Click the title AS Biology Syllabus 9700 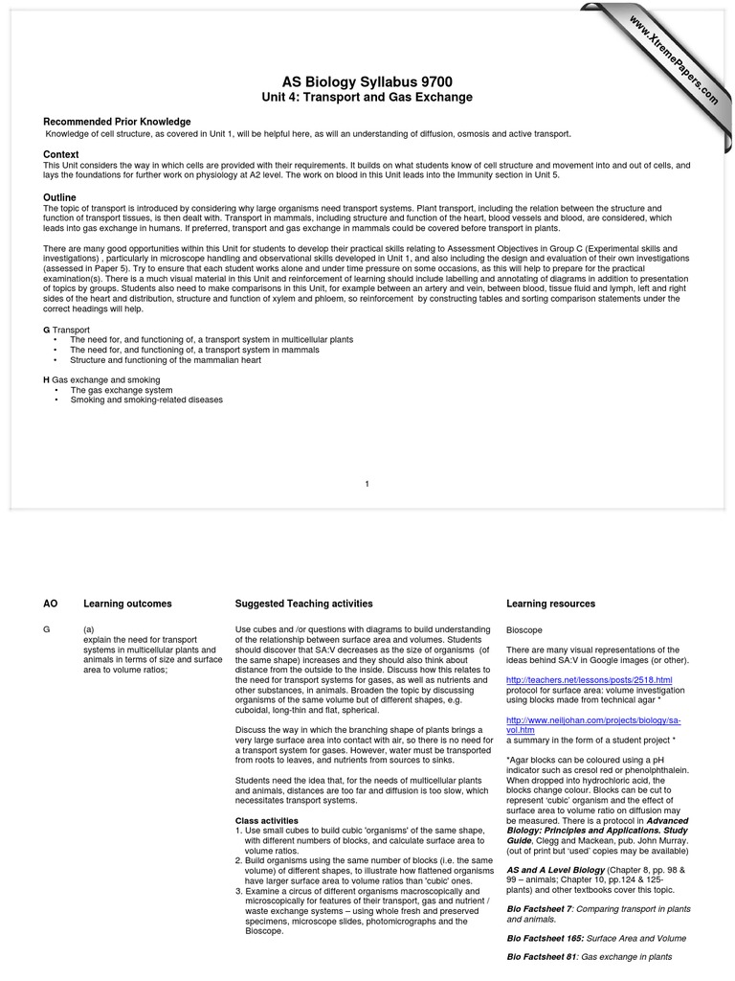(367, 82)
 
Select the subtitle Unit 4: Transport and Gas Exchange (367, 98)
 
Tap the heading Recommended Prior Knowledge (117, 122)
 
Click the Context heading (61, 154)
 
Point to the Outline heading (60, 197)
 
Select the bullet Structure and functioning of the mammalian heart (165, 360)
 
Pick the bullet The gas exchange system (122, 391)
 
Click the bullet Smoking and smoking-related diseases (146, 399)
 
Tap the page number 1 (367, 483)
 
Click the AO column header (51, 605)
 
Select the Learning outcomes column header (127, 605)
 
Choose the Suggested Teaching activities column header (303, 605)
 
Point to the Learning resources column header (550, 605)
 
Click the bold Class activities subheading (267, 821)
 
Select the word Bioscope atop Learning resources (524, 630)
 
